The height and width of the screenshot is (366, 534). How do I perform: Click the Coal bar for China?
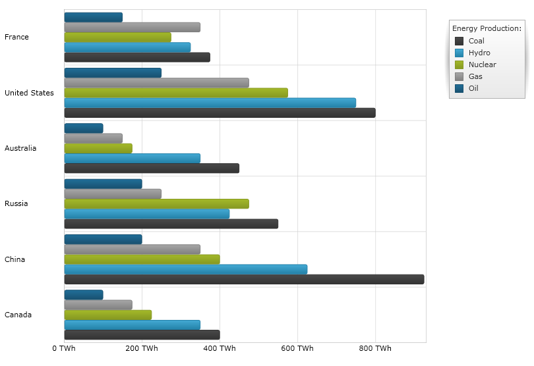pyautogui.click(x=244, y=279)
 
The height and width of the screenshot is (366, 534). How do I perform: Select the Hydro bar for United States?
pyautogui.click(x=210, y=103)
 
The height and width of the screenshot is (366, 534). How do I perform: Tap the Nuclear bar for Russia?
pyautogui.click(x=156, y=203)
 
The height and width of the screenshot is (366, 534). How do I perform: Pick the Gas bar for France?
pyautogui.click(x=132, y=27)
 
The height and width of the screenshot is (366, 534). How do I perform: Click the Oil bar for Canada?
pyautogui.click(x=84, y=294)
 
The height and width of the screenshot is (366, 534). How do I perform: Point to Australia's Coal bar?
pyautogui.click(x=152, y=168)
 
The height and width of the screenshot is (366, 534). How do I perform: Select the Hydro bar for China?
pyautogui.click(x=185, y=269)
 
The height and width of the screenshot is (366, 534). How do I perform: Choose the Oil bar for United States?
pyautogui.click(x=113, y=72)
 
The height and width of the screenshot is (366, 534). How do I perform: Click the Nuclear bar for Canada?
pyautogui.click(x=107, y=315)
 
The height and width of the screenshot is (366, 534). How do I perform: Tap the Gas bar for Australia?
pyautogui.click(x=93, y=138)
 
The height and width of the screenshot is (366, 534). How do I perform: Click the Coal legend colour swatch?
pyautogui.click(x=460, y=41)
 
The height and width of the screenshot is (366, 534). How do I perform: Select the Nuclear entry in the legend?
pyautogui.click(x=482, y=65)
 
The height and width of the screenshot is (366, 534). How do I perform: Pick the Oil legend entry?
pyautogui.click(x=473, y=88)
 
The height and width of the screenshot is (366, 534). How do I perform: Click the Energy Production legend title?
pyautogui.click(x=487, y=28)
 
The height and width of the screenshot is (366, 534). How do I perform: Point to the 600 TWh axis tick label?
pyautogui.click(x=297, y=348)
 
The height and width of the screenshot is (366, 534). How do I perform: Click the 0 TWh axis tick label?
pyautogui.click(x=64, y=348)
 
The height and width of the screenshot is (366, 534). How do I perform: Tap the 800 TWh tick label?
pyautogui.click(x=375, y=348)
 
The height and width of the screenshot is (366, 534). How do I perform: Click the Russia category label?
pyautogui.click(x=16, y=203)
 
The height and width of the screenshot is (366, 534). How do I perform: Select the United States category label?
pyautogui.click(x=29, y=93)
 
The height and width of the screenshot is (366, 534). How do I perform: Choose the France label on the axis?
pyautogui.click(x=16, y=37)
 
